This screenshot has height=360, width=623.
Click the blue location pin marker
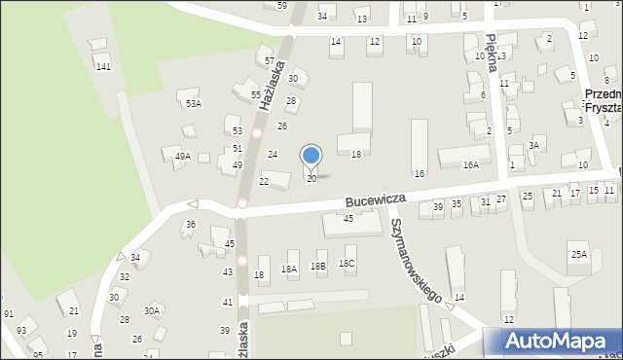pos(311,157)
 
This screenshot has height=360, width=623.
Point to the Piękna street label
pos(493,50)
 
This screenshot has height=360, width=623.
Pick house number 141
pos(103,66)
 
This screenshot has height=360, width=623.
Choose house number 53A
pos(194,103)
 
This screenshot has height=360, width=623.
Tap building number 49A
pos(182,156)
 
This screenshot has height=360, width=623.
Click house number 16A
pos(471,165)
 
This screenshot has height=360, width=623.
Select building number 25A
pos(579,254)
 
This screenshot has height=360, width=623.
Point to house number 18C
pos(347,264)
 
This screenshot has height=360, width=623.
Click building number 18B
pos(318,266)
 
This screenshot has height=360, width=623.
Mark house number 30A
pos(152,311)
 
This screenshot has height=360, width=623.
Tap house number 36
pos(191,225)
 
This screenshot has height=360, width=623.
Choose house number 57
pos(269,60)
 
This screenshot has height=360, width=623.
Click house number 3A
pos(533,145)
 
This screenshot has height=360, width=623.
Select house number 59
pos(281,6)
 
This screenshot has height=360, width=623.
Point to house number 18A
pos(289,269)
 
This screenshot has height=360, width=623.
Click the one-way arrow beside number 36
pos(192,204)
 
